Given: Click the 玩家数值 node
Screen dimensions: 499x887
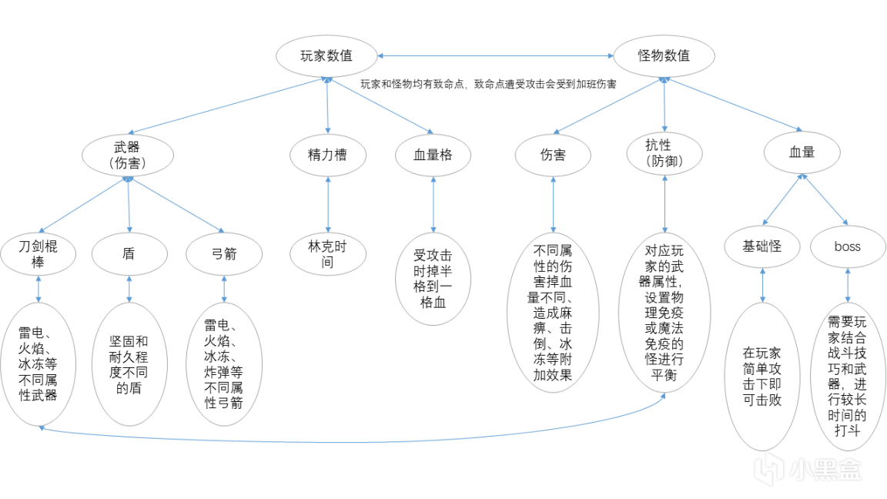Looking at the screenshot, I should (x=327, y=55).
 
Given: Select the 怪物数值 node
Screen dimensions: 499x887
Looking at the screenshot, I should (x=664, y=55).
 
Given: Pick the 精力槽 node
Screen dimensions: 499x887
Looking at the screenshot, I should (x=327, y=155).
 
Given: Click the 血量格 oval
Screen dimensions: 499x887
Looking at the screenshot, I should (x=433, y=155).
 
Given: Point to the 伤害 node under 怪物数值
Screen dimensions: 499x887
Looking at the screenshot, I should (x=553, y=155).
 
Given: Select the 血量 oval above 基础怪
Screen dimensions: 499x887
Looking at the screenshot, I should (x=802, y=152).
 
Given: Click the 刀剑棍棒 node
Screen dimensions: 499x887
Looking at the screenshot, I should (x=38, y=253).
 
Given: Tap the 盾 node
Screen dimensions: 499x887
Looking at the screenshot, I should (x=129, y=253).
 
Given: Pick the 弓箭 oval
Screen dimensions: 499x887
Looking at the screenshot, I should (x=224, y=253).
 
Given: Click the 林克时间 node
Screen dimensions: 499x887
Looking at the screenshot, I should (x=327, y=254).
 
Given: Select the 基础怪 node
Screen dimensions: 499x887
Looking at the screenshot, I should (x=762, y=246).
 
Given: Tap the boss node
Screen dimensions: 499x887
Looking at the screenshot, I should (x=847, y=247).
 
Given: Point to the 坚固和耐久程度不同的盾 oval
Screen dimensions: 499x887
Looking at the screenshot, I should (x=129, y=364).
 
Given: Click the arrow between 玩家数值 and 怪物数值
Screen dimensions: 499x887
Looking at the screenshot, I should (x=495, y=55).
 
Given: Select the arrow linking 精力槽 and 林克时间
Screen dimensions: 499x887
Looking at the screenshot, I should (x=328, y=204).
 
